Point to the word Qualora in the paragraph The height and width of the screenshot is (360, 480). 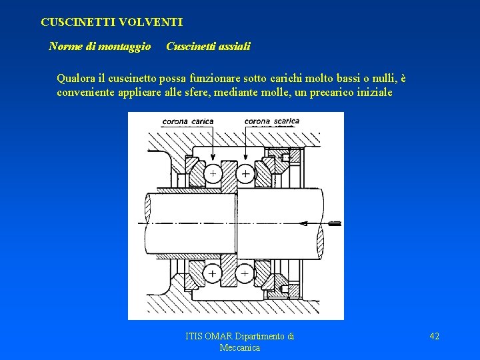(x=77, y=79)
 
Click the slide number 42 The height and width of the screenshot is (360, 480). (x=434, y=337)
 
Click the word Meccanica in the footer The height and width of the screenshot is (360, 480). (x=239, y=348)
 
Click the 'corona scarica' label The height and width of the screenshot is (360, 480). (x=271, y=122)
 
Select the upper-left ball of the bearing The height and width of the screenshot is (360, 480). (x=213, y=173)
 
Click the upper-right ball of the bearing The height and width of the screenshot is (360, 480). (x=245, y=173)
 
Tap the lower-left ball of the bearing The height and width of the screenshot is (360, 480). (x=213, y=273)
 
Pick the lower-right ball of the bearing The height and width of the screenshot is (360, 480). (x=245, y=273)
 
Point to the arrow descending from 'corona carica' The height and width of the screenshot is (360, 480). (x=211, y=143)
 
